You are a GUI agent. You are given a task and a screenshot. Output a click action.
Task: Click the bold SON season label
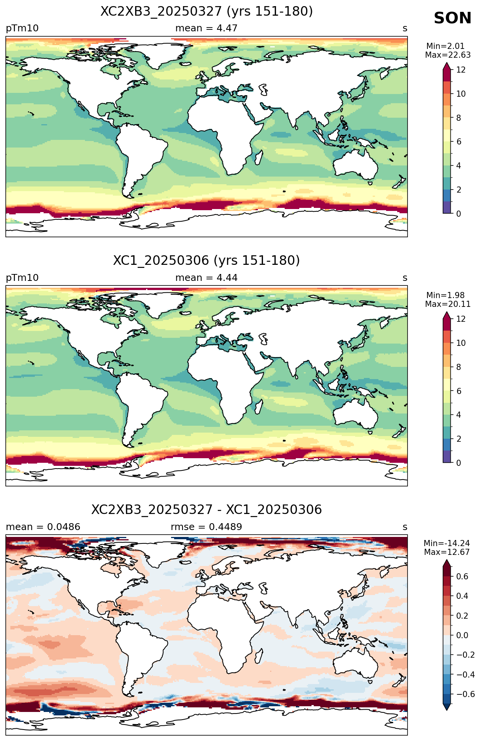[x=452, y=18]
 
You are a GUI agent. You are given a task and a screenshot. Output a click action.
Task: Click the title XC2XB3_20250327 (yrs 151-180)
[x=207, y=11]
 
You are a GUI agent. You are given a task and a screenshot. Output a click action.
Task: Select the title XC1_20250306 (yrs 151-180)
[x=207, y=261]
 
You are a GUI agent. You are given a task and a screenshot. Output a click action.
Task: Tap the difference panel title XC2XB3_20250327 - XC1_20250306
[x=207, y=510]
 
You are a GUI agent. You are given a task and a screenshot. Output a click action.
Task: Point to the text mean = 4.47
[x=206, y=28]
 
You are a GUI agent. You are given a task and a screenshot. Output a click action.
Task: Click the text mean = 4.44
[x=206, y=278]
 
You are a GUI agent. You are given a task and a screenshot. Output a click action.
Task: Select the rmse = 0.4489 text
[x=206, y=527]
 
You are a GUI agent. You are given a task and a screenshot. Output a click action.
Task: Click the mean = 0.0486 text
[x=43, y=527]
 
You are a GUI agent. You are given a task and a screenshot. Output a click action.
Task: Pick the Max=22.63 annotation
[x=448, y=55]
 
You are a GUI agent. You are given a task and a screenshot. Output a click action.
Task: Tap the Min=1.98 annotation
[x=445, y=295]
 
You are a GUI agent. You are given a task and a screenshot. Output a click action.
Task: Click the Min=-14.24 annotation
[x=447, y=543]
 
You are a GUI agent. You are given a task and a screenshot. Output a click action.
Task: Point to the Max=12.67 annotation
[x=447, y=552]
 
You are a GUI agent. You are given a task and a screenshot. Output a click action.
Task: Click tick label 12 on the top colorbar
[x=461, y=70]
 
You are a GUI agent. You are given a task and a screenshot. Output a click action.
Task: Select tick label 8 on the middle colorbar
[x=458, y=367]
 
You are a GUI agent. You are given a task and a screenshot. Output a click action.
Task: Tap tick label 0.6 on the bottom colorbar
[x=462, y=576]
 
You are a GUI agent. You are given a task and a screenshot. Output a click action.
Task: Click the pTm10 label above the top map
[x=22, y=29]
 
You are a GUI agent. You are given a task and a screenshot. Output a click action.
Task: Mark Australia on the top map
[x=355, y=164]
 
